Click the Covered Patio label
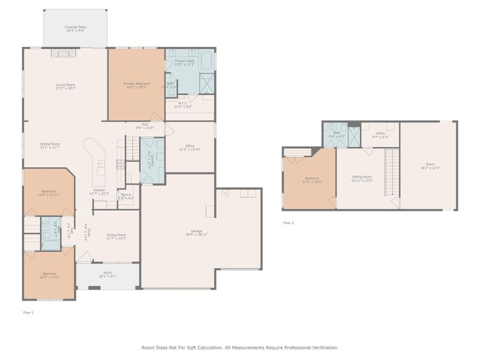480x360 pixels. click(75, 27)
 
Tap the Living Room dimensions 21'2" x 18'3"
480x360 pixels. click(65, 88)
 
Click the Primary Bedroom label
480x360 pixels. click(136, 83)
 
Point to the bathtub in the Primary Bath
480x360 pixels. click(207, 61)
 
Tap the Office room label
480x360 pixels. click(190, 146)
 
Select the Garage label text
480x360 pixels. click(197, 230)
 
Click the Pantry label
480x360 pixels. click(126, 194)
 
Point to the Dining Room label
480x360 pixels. click(116, 235)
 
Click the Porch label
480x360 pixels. click(108, 272)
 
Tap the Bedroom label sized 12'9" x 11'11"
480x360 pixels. click(49, 191)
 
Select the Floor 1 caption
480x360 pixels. click(29, 313)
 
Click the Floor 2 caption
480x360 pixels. click(289, 223)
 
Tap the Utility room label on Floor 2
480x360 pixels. click(380, 133)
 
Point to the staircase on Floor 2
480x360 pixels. click(391, 171)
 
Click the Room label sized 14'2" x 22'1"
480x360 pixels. click(430, 164)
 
